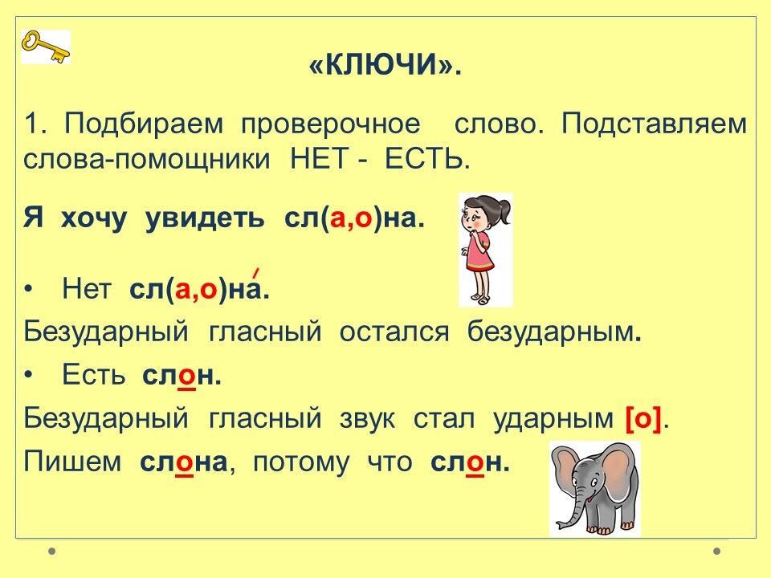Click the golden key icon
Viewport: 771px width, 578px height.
tap(45, 47)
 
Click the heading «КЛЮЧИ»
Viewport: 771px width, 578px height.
tap(385, 64)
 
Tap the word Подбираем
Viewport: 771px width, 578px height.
tap(144, 124)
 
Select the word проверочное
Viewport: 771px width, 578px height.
tap(331, 125)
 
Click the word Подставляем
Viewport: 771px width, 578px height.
tap(655, 124)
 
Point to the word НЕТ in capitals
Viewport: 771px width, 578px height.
tap(320, 159)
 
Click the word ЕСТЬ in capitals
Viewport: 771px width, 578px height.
tap(424, 159)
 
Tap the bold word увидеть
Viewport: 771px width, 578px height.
tap(205, 218)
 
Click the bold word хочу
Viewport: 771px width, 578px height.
tap(94, 218)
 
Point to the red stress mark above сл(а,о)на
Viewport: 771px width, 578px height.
tap(255, 273)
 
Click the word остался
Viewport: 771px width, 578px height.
tap(394, 332)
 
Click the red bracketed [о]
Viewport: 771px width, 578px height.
tap(643, 419)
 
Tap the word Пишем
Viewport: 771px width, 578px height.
tap(72, 462)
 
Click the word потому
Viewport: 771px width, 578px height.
tap(301, 463)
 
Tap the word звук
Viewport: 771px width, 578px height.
tap(367, 419)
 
